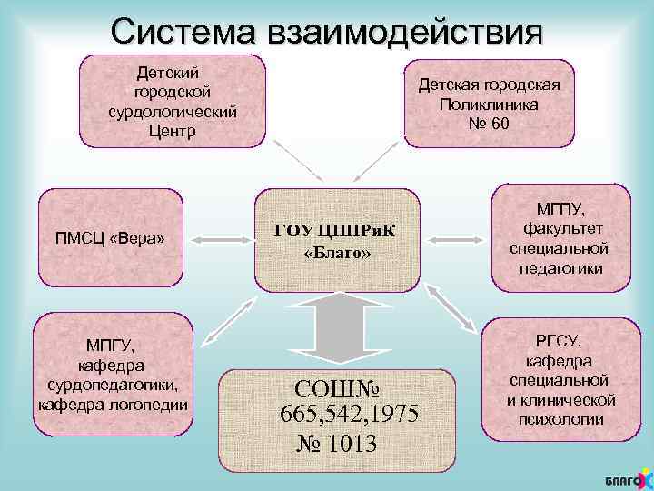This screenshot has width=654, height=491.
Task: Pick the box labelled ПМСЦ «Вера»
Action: (110, 238)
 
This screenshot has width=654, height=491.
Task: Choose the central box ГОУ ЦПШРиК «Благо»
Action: (336, 238)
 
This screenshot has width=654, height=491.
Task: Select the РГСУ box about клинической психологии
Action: (561, 378)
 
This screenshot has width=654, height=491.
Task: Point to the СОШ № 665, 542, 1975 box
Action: (336, 415)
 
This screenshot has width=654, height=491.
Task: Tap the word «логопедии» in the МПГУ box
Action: (152, 405)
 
